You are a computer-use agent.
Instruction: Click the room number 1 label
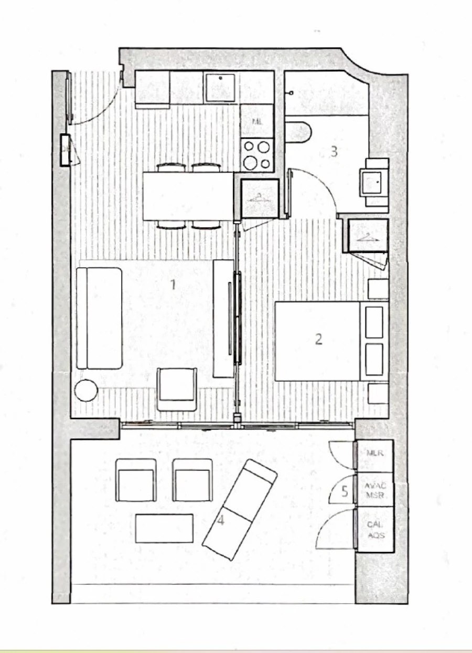[x=173, y=285]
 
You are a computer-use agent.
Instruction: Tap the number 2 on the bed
[x=318, y=340]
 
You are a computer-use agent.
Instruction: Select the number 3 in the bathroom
[x=334, y=152]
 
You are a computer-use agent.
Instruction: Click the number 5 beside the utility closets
[x=345, y=492]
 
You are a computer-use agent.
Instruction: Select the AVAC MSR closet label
[x=375, y=490]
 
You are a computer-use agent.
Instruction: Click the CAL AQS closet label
[x=375, y=529]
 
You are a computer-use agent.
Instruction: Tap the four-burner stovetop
[x=257, y=154]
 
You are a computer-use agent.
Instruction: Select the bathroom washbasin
[x=373, y=182]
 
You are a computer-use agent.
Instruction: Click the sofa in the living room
[x=99, y=318]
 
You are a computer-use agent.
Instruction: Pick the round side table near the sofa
[x=86, y=391]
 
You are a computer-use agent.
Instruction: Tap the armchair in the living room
[x=177, y=388]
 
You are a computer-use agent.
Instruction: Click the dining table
[x=188, y=196]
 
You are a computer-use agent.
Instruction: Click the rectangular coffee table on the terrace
[x=164, y=528]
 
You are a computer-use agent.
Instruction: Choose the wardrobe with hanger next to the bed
[x=368, y=236]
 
